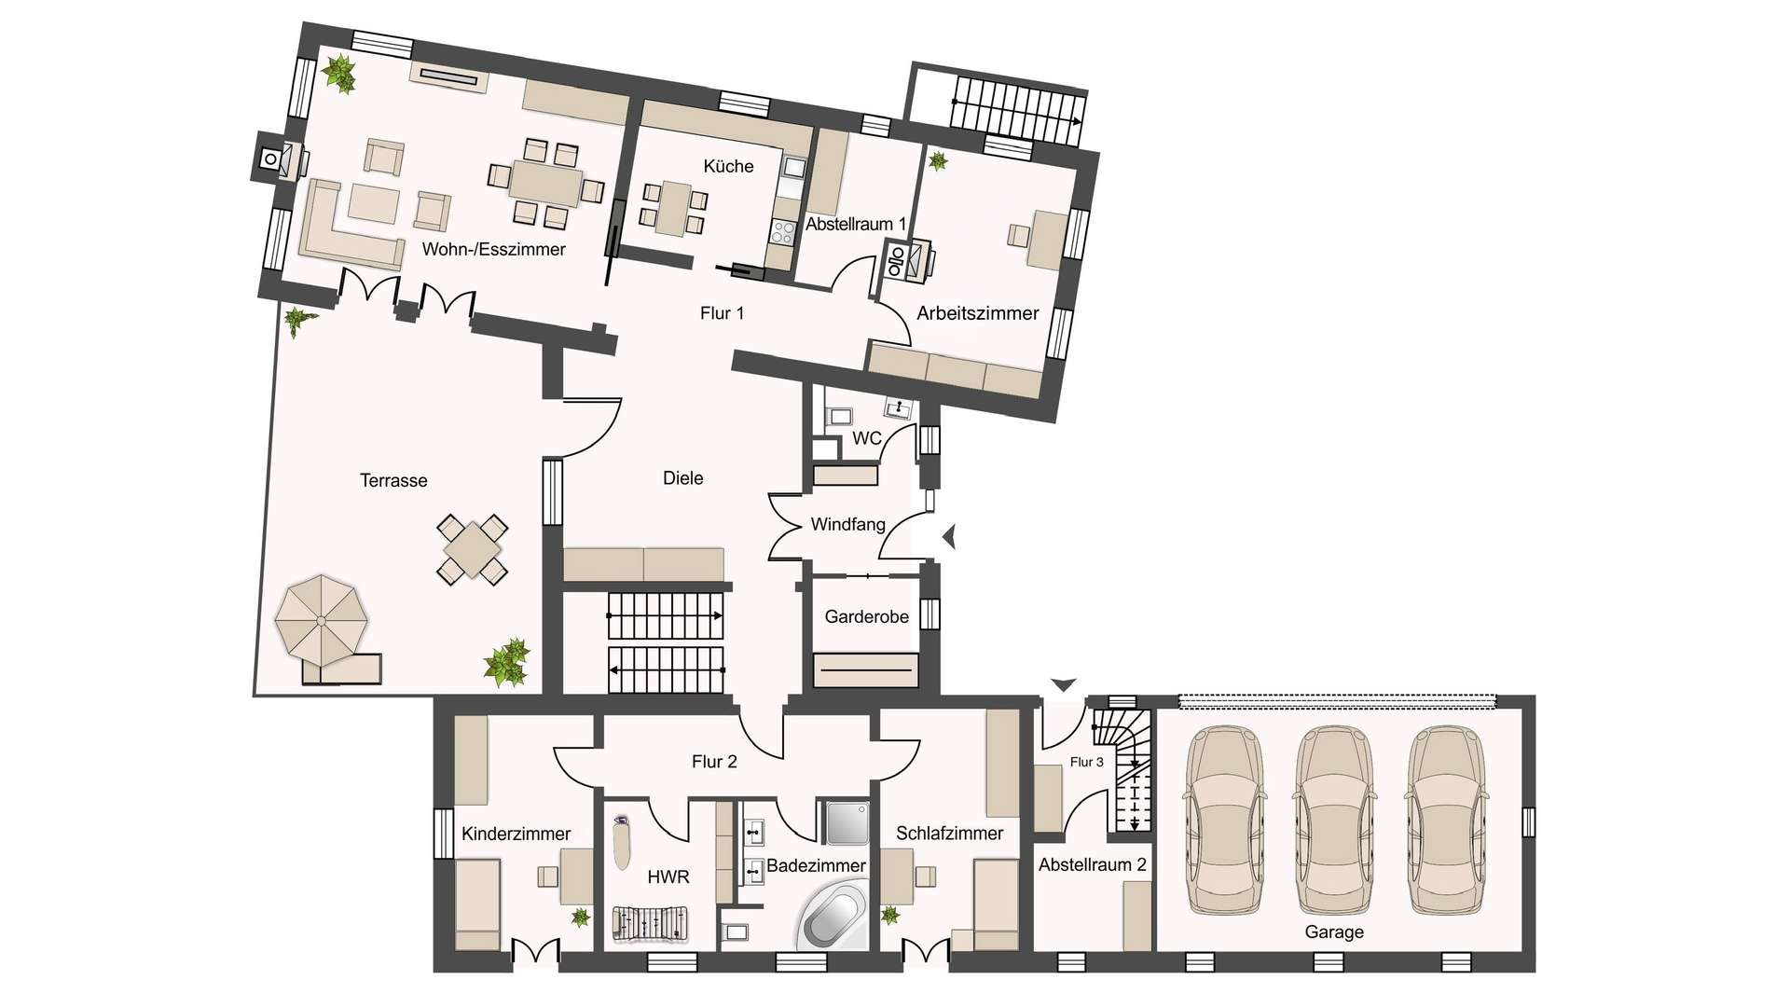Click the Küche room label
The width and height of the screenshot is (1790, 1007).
[x=728, y=167]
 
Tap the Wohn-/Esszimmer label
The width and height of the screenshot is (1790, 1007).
[x=493, y=249]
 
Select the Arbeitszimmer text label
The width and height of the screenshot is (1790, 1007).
[x=977, y=313]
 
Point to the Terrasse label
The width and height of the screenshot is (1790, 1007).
[x=393, y=480]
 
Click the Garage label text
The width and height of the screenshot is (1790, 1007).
[x=1334, y=931]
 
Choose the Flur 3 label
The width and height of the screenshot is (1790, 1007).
[x=1086, y=762]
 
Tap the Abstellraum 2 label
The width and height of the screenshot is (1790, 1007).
[x=1093, y=864]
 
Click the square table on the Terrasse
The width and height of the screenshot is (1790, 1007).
[x=472, y=549]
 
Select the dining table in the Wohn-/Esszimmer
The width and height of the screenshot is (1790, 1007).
[x=544, y=183]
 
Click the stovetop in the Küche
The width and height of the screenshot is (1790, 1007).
[x=781, y=232]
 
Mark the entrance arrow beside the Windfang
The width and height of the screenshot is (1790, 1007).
[x=949, y=537]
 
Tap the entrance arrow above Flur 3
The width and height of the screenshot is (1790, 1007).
[x=1064, y=685]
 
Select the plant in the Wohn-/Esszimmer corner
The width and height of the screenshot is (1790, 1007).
[x=339, y=74]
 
